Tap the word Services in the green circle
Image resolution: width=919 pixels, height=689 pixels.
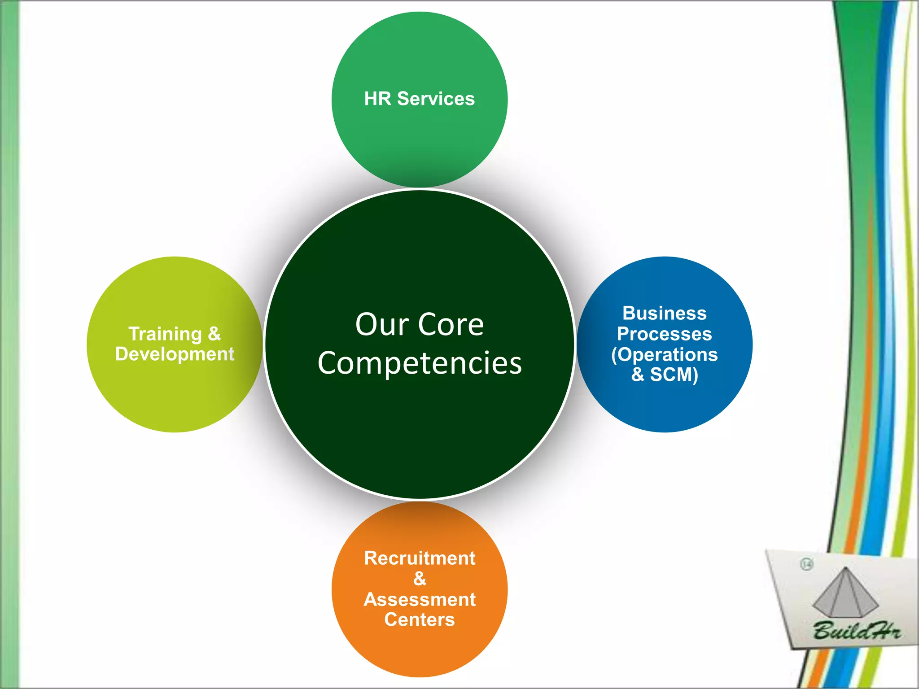436,99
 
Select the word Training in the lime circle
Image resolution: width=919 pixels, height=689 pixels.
165,334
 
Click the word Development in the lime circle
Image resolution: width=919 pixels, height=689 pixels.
175,354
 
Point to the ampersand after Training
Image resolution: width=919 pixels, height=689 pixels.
214,334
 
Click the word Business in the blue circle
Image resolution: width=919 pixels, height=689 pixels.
664,313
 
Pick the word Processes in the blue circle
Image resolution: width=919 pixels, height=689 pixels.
664,334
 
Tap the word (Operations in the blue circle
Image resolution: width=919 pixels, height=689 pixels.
664,354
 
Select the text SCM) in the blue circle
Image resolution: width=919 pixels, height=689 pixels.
674,375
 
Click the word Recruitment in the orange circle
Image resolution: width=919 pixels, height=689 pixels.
420,558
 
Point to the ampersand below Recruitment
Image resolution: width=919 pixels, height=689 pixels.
420,579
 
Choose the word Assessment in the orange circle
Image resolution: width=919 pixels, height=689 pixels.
420,599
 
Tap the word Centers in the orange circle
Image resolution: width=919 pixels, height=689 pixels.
420,619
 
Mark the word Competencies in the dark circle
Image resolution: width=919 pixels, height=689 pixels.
420,363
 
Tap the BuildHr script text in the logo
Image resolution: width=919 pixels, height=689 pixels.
856,631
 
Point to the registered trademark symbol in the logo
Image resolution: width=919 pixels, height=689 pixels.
807,564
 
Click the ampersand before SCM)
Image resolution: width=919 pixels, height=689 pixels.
637,375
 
